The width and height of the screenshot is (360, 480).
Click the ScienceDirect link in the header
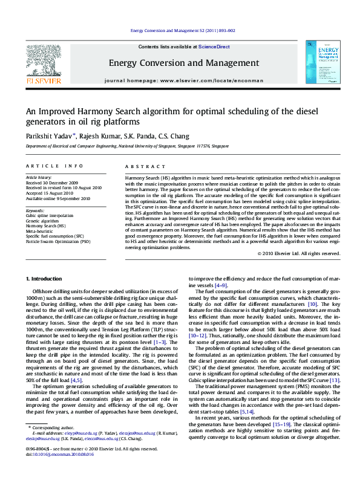pos(214,47)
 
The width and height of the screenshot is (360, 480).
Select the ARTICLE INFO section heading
pos(54,166)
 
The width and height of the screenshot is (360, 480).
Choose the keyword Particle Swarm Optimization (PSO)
pos(57,241)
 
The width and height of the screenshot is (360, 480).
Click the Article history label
pos(38,178)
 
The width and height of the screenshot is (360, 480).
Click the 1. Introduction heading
pos(46,279)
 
